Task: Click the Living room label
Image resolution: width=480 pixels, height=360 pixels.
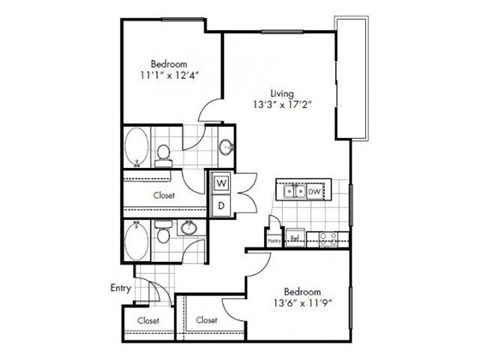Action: [x=267, y=93]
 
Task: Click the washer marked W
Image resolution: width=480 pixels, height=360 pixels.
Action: [x=222, y=184]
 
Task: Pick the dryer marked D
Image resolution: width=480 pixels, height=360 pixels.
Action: [x=222, y=205]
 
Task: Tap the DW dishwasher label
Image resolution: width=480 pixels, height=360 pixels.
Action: [x=313, y=190]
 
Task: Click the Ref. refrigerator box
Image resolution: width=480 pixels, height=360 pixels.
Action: [x=294, y=238]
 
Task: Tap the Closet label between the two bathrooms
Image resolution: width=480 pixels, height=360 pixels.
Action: [x=164, y=195]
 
